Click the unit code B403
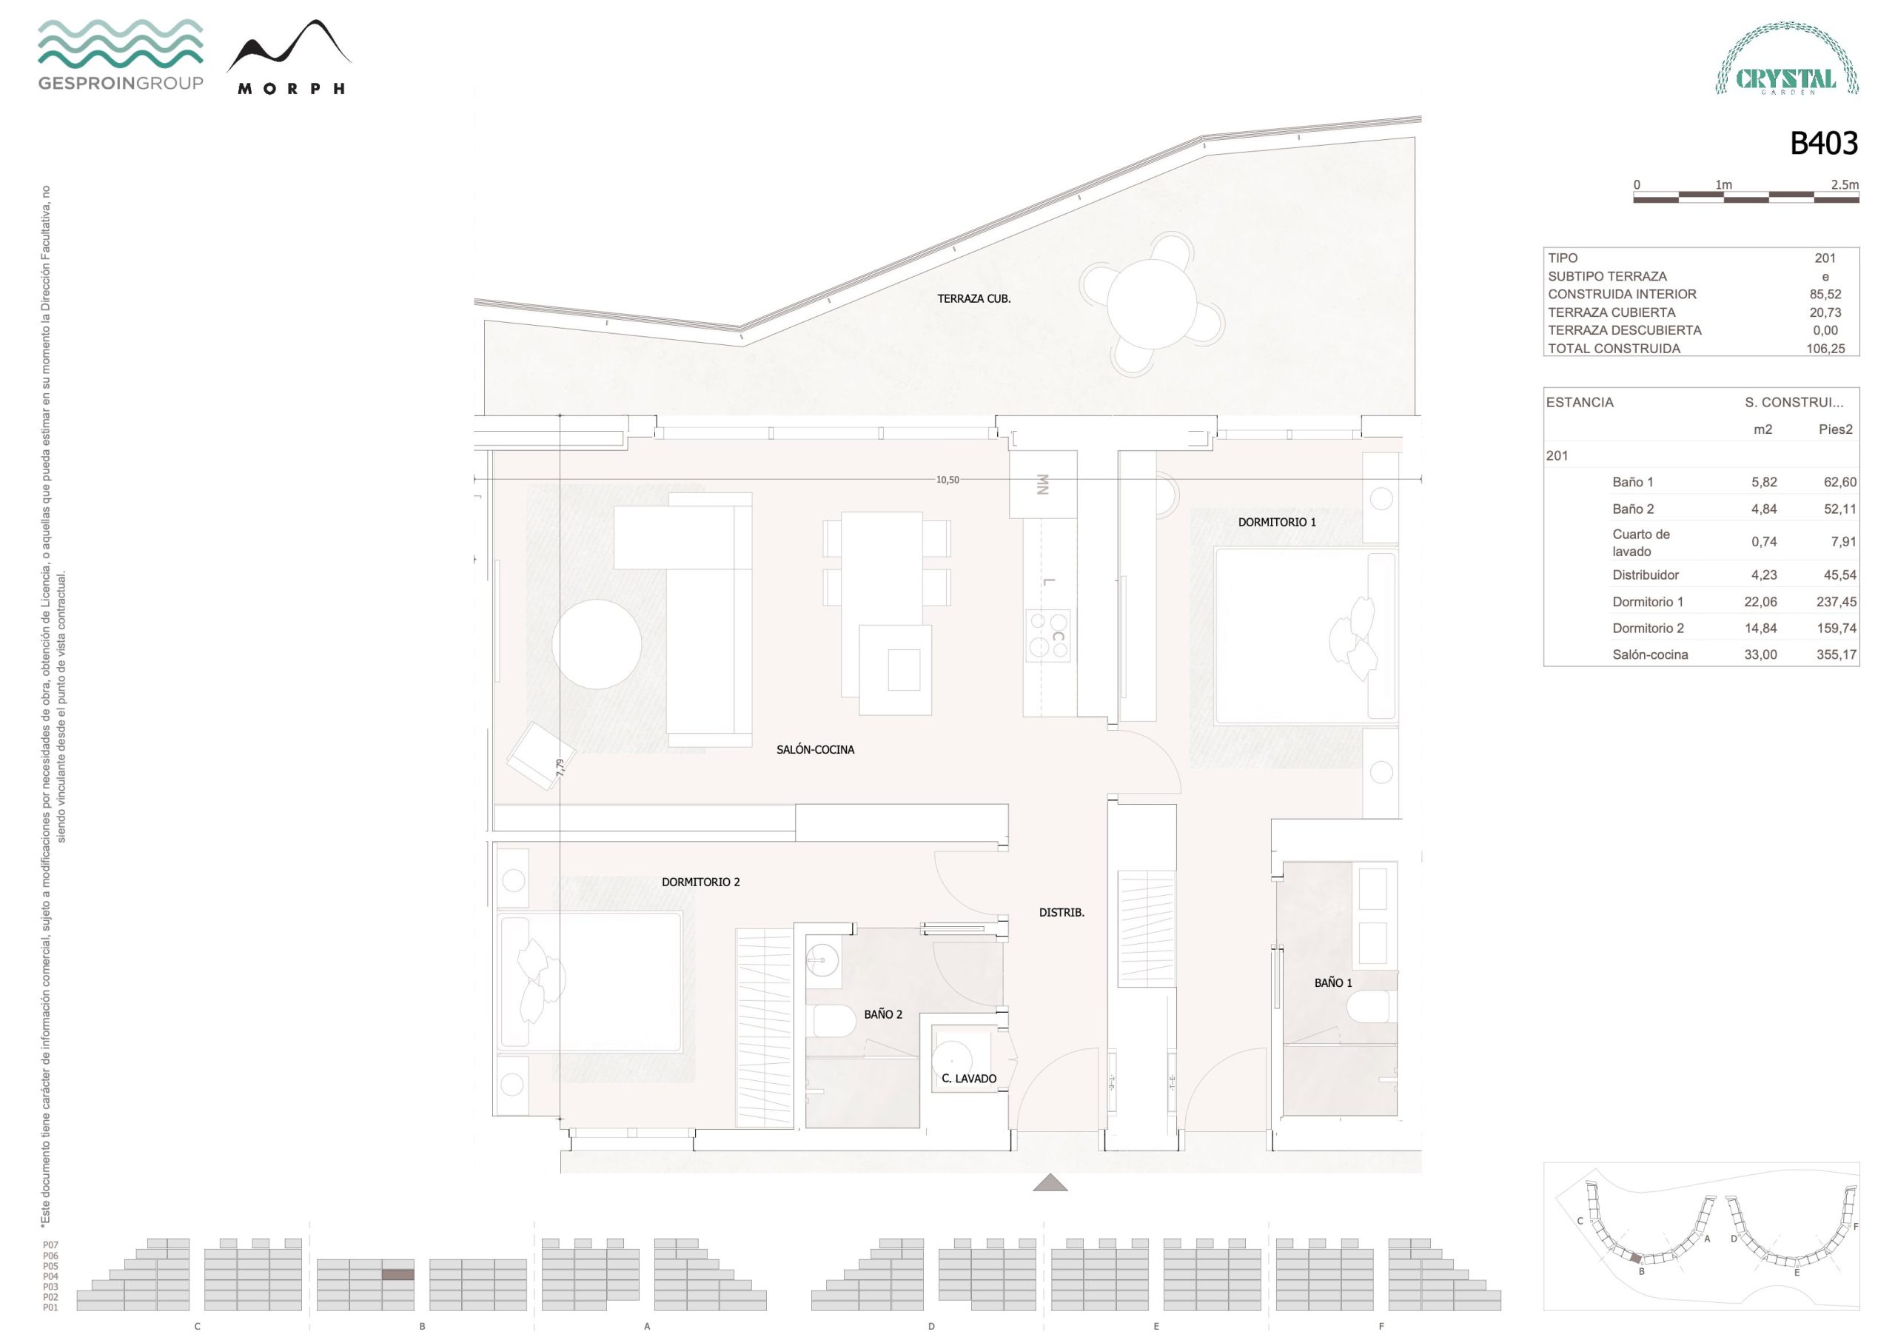tap(1823, 144)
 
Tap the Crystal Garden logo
tap(1787, 58)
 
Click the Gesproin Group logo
tap(121, 55)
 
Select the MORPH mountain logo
tap(289, 57)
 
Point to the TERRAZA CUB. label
tap(974, 299)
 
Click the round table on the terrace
tap(1151, 304)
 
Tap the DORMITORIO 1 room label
tap(1277, 522)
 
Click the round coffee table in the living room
tap(597, 644)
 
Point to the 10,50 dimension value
tap(947, 480)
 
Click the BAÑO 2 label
tap(883, 1014)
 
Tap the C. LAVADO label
tap(969, 1078)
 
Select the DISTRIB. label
tap(1061, 912)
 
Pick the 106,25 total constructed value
tap(1825, 349)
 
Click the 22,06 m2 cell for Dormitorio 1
tap(1760, 602)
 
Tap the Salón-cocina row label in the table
tap(1650, 654)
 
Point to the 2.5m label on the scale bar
tap(1845, 185)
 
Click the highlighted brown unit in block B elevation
tap(398, 1275)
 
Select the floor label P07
tap(50, 1245)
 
